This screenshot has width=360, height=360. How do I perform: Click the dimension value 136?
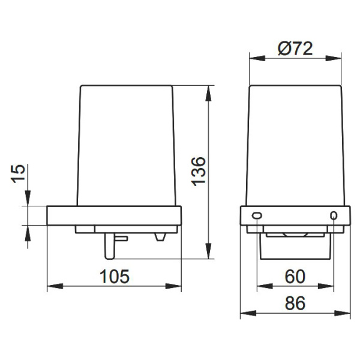click(x=199, y=171)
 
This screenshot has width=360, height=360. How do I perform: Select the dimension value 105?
click(x=115, y=276)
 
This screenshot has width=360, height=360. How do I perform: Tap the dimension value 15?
click(x=18, y=173)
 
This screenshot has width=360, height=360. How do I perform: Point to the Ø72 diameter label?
click(x=295, y=49)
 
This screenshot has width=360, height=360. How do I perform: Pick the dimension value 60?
click(x=295, y=277)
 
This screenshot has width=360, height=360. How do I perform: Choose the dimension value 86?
click(x=295, y=303)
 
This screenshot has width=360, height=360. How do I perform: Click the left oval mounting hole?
click(x=257, y=215)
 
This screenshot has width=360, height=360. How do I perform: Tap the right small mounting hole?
click(x=334, y=215)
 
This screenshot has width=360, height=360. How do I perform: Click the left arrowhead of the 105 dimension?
click(x=55, y=286)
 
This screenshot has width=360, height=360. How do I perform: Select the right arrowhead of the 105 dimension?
click(x=173, y=286)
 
